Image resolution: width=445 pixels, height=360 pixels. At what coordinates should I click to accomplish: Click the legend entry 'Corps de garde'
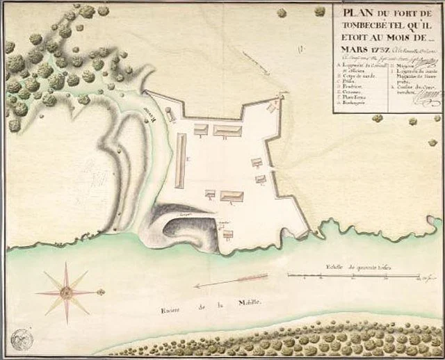(x=357, y=76)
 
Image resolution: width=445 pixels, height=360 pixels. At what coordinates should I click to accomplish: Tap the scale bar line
(x=355, y=277)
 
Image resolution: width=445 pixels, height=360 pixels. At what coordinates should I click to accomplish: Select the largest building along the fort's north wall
(x=227, y=130)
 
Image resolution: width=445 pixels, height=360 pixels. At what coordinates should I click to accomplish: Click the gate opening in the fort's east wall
(x=275, y=170)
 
